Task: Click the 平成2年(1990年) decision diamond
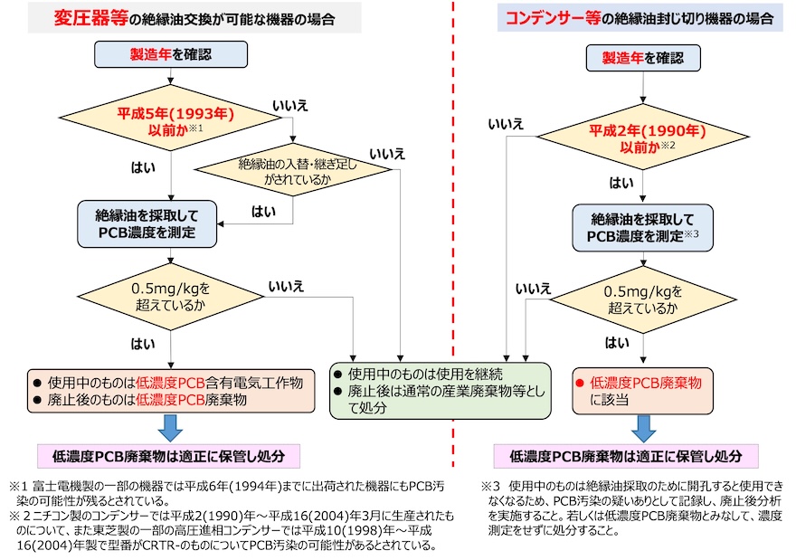[x=643, y=138]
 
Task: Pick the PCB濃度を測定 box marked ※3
[x=643, y=227]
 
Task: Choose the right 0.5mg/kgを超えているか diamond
[x=643, y=299]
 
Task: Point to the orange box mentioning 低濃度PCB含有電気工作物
[x=172, y=390]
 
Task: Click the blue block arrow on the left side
[x=170, y=427]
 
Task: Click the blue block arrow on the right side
[x=643, y=427]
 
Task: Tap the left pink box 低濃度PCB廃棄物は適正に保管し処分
[x=169, y=455]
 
